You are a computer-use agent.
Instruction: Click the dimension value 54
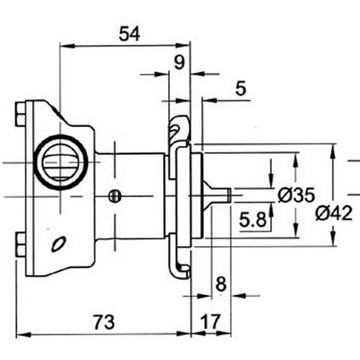(x=129, y=34)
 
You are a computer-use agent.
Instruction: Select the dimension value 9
(x=178, y=61)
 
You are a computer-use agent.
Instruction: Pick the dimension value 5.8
(x=252, y=221)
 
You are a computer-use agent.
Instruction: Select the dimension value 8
(x=221, y=283)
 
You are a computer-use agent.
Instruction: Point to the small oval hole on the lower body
(x=58, y=244)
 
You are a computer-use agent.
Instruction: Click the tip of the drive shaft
(x=229, y=195)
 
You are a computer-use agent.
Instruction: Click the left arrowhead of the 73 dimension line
(x=20, y=334)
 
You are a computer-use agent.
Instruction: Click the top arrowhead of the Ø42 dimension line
(x=333, y=148)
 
